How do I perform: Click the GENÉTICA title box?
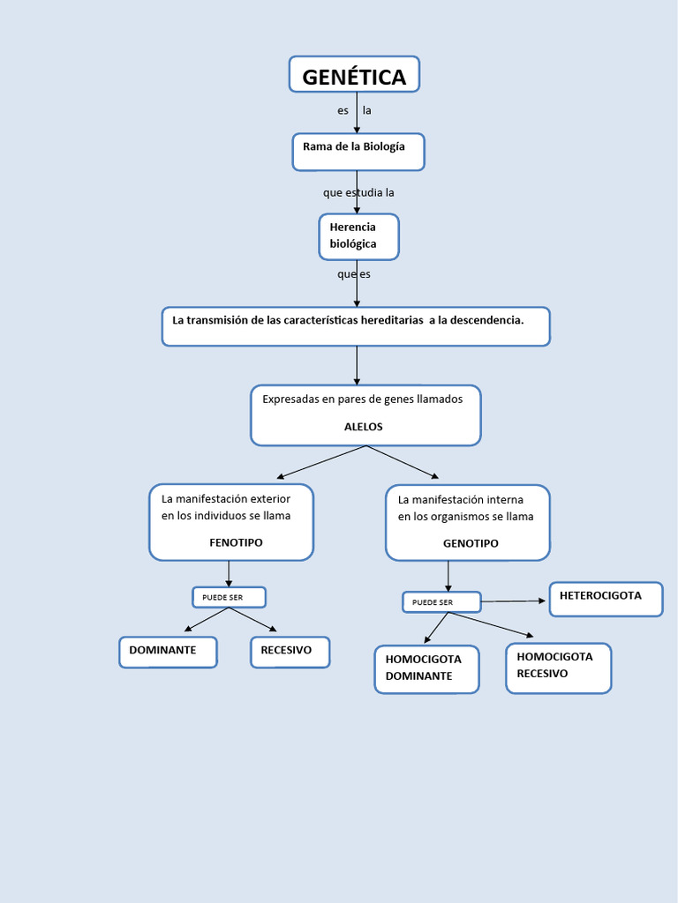point(354,75)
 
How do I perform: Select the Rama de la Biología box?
point(358,151)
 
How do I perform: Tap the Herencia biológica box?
point(358,236)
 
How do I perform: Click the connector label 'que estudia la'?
point(358,193)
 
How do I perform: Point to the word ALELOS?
point(364,427)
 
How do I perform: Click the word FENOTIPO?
point(236,543)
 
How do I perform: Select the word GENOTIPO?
point(471,544)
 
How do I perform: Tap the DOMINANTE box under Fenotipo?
point(168,652)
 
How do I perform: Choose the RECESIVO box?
point(290,652)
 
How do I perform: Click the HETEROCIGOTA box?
point(606,598)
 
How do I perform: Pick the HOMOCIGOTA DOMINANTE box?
point(427,668)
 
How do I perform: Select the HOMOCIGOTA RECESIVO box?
point(558,667)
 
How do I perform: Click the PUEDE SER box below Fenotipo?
point(229,598)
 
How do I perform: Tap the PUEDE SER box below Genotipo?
point(441,602)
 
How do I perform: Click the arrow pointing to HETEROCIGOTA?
point(514,601)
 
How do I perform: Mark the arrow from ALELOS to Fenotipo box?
point(320,461)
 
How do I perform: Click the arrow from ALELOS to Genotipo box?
point(403,461)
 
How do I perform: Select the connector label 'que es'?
point(354,274)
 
